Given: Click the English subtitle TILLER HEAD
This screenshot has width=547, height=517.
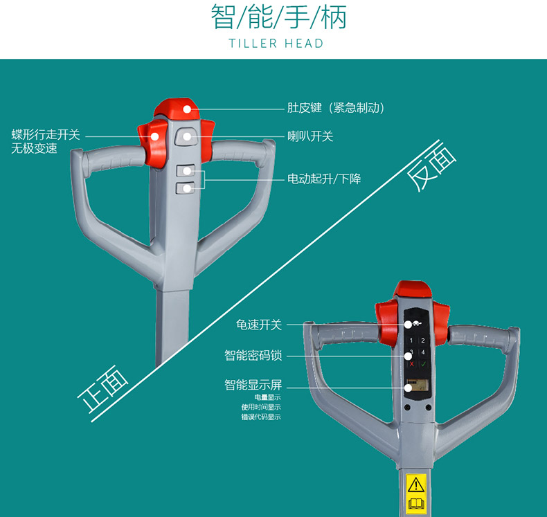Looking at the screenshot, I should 276,44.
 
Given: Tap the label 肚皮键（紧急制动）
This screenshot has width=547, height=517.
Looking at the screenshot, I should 336,108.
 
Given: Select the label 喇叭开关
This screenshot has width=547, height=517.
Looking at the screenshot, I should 310,136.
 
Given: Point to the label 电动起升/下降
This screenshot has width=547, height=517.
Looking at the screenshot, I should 324,179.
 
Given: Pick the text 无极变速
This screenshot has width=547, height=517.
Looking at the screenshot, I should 34,149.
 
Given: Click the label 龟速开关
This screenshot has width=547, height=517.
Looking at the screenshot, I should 258,324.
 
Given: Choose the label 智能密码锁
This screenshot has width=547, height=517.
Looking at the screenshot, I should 253,355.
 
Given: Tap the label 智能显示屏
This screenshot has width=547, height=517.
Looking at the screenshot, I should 253,385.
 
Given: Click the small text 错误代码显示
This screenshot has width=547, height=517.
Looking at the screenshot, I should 261,417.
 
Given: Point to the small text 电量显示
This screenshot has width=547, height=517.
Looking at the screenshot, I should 267,397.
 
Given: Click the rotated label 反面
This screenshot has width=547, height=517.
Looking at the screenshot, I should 433,166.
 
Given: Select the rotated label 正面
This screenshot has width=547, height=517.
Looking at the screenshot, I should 102,392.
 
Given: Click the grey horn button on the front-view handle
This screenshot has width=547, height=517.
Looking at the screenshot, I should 186,137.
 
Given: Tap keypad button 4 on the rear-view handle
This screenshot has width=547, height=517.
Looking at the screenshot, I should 424,352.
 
